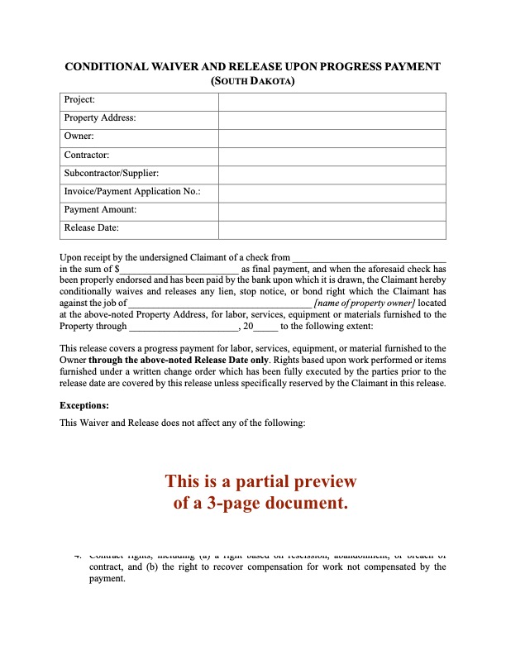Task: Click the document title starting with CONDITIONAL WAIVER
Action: [x=252, y=67]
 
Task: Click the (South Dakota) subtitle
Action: [x=252, y=81]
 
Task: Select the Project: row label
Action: [x=79, y=100]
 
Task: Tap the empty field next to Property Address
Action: [x=332, y=118]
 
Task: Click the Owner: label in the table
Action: [x=79, y=136]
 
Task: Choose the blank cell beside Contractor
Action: [x=332, y=155]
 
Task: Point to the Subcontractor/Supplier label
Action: [x=112, y=173]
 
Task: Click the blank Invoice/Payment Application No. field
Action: [x=332, y=191]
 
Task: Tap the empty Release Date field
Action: [x=332, y=227]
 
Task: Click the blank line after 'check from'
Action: [x=370, y=260]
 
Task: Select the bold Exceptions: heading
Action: [x=84, y=406]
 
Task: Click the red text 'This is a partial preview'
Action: [x=260, y=481]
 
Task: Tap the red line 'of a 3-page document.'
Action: [x=260, y=502]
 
